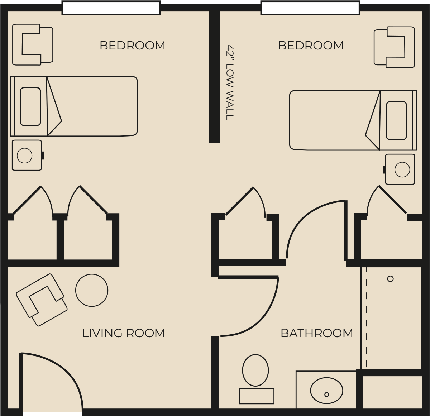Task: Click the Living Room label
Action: click(124, 333)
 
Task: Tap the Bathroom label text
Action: click(317, 333)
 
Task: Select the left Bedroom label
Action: click(132, 46)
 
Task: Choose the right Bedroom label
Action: click(311, 46)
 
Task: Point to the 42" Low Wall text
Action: click(230, 82)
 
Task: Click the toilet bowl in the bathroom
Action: click(255, 370)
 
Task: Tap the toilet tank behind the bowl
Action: click(257, 396)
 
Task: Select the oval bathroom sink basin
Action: click(326, 391)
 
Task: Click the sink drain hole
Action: click(326, 395)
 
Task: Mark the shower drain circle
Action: click(391, 279)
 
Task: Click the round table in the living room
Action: click(92, 290)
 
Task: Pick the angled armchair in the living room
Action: click(42, 300)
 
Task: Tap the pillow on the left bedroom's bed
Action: click(30, 106)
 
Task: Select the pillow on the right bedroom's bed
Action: click(396, 121)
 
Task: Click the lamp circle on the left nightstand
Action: click(24, 156)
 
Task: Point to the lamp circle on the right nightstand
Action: click(402, 170)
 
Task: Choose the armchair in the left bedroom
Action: click(33, 45)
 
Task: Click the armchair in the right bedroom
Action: click(394, 47)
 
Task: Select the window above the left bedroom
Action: click(111, 8)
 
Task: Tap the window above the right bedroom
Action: click(310, 8)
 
